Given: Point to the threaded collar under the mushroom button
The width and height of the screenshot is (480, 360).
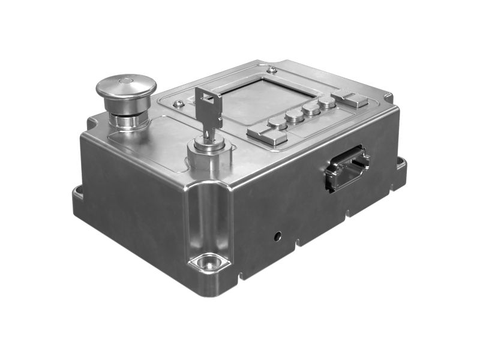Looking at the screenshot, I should [127, 120].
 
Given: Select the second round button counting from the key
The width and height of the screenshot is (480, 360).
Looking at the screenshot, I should [295, 116].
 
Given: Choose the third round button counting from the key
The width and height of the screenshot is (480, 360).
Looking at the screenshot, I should [311, 109].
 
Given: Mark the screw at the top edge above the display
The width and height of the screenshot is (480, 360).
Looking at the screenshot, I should [272, 70].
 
